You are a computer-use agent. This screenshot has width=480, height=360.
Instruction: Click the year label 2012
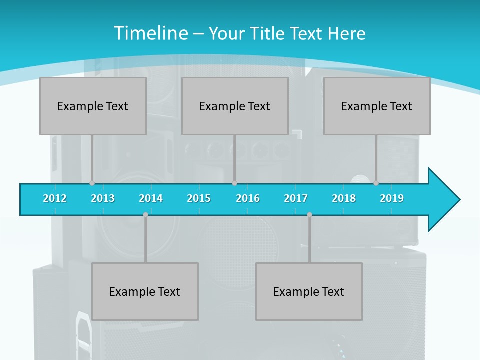(x=55, y=198)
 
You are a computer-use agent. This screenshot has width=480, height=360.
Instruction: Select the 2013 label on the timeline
(x=103, y=198)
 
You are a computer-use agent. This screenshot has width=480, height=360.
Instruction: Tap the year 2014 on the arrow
(x=151, y=198)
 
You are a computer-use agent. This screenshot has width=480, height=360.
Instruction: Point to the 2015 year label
(x=199, y=198)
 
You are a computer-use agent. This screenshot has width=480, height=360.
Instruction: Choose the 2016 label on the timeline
(x=248, y=198)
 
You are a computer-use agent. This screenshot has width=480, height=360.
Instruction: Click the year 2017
(x=296, y=198)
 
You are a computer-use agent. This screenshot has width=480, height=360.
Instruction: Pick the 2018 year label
(x=344, y=198)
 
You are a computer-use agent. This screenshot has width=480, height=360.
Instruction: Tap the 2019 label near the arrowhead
(x=392, y=198)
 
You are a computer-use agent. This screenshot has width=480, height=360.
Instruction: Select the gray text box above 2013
(x=93, y=106)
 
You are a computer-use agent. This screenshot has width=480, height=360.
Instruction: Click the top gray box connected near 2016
(x=235, y=106)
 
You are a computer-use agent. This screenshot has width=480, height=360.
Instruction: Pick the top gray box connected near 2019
(x=377, y=106)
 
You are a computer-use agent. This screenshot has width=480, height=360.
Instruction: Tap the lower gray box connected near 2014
(x=145, y=291)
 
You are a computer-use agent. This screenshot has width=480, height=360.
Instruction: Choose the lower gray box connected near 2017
(x=309, y=291)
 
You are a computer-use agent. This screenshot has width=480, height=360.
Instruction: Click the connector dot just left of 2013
(x=92, y=183)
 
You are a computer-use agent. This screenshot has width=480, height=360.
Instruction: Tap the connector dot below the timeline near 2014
(x=145, y=214)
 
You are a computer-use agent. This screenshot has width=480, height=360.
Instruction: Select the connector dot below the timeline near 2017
(x=309, y=214)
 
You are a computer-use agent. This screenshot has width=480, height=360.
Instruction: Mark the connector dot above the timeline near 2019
(x=376, y=183)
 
